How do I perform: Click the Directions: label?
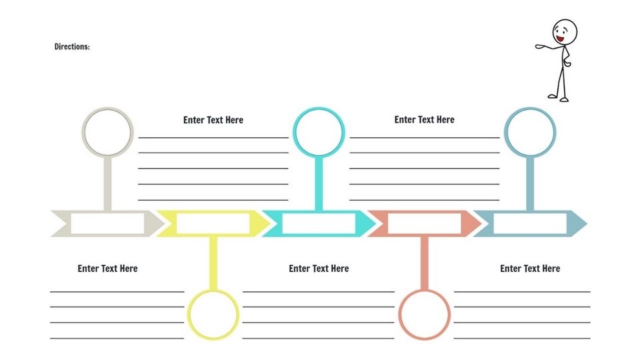[72, 47]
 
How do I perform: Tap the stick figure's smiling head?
[564, 32]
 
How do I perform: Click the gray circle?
[107, 132]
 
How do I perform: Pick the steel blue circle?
[530, 132]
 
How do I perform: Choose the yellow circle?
[213, 315]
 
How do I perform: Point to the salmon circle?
[424, 315]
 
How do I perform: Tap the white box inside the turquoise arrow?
[318, 223]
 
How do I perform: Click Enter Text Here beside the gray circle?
[213, 120]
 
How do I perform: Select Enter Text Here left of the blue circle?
[424, 119]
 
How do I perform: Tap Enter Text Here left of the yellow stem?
[107, 269]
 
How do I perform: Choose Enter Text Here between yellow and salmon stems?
[319, 269]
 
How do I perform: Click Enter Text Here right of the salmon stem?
[530, 269]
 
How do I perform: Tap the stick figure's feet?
[559, 98]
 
